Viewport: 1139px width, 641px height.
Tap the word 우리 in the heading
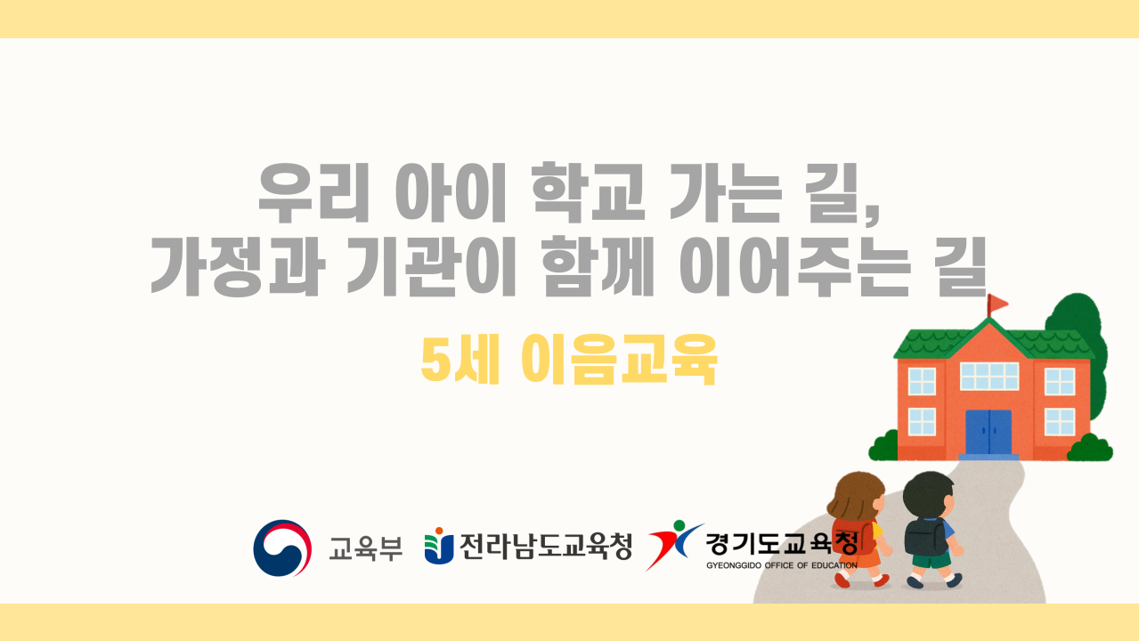tap(313, 192)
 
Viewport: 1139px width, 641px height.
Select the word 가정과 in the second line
tap(238, 266)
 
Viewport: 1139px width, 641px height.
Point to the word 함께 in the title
tap(598, 266)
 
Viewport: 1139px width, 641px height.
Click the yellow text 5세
tap(460, 359)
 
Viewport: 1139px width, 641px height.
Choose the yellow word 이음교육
tap(619, 359)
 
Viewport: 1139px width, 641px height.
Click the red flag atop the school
tap(997, 304)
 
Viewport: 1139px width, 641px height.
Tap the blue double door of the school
tap(988, 432)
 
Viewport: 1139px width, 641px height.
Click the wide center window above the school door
tap(989, 377)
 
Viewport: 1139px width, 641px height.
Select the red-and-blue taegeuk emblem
tap(282, 548)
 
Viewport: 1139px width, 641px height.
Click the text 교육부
tap(366, 548)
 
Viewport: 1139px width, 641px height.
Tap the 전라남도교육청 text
tap(546, 547)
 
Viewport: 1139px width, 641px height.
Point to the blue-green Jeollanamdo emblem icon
tap(439, 546)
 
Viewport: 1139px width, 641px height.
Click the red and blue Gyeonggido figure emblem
tap(674, 544)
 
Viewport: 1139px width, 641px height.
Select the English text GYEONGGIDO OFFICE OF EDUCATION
tap(782, 565)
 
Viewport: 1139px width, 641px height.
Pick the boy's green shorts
tap(932, 560)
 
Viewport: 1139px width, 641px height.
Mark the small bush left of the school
tap(883, 446)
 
